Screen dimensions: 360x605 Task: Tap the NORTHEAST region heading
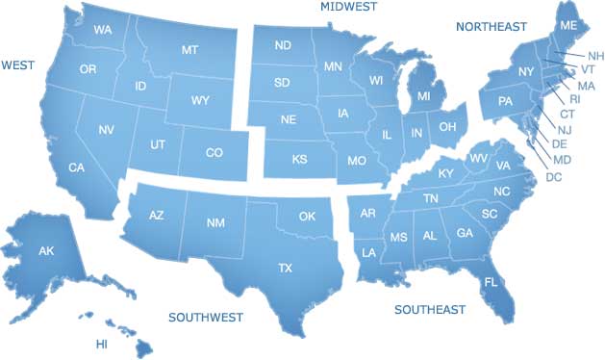point(492,26)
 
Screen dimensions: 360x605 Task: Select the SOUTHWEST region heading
point(206,317)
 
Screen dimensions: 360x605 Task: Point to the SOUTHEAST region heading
point(430,310)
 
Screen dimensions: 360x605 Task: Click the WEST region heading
point(18,64)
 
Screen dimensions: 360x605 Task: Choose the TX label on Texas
point(285,268)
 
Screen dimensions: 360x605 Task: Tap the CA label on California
point(77,168)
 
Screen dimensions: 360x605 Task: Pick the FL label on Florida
point(491,283)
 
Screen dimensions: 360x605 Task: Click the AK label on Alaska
point(46,251)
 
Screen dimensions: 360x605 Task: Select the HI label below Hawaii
point(101,344)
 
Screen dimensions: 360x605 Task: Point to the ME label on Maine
point(568,25)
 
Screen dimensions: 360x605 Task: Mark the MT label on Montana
point(189,48)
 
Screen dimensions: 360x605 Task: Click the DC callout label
point(553,177)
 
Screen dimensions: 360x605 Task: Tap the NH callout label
point(596,56)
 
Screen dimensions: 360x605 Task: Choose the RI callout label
point(575,99)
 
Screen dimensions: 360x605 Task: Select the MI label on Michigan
point(422,97)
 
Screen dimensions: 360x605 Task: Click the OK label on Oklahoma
point(307,216)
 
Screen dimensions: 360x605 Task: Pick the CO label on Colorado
point(214,152)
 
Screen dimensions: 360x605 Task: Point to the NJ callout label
point(565,129)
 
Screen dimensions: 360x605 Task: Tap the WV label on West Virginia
point(477,157)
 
